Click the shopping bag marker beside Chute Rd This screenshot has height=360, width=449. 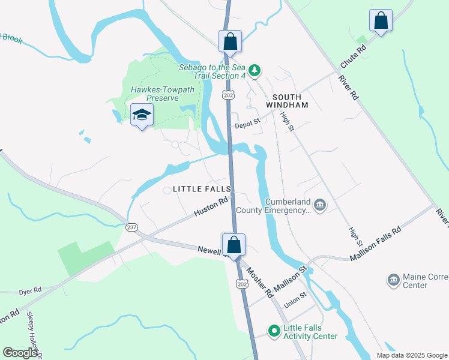pyautogui.click(x=381, y=22)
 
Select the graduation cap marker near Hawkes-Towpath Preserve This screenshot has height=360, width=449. pyautogui.click(x=142, y=115)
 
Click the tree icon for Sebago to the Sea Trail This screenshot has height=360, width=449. pyautogui.click(x=255, y=71)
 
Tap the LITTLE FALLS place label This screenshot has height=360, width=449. pyautogui.click(x=202, y=189)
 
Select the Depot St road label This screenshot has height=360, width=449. pyautogui.click(x=247, y=125)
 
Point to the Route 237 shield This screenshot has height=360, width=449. pyautogui.click(x=131, y=227)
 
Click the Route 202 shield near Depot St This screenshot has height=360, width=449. pyautogui.click(x=228, y=95)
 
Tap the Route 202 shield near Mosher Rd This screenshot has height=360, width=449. pyautogui.click(x=241, y=283)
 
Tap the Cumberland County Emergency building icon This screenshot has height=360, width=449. pyautogui.click(x=320, y=205)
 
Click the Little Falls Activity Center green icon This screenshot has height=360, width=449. pyautogui.click(x=274, y=331)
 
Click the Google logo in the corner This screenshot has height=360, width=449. pyautogui.click(x=20, y=353)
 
